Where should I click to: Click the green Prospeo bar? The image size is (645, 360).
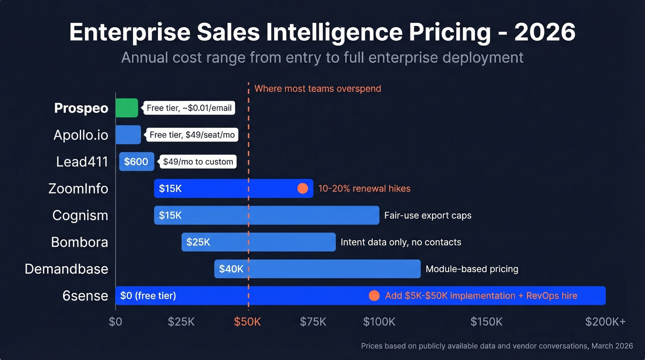pos(127,108)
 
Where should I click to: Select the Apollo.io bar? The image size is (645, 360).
pos(128,135)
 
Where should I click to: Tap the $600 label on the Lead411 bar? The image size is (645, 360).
pos(136,162)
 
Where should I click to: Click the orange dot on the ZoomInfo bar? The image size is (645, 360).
pos(302,189)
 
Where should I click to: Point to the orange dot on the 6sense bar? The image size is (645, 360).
pos(374,296)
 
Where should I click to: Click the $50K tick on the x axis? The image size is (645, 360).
pos(247,322)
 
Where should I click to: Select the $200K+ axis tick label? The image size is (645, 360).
pos(605,322)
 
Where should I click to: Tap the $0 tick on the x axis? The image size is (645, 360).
pos(116,322)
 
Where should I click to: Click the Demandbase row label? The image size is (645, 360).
pos(66,269)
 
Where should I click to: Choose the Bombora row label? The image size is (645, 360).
pos(79,242)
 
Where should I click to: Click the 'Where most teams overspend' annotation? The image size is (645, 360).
pos(317,89)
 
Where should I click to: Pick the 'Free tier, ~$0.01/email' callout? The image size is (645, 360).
pos(189,108)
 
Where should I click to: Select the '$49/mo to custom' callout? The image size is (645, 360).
pos(198,162)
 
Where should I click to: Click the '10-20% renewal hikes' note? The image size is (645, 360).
pos(364,189)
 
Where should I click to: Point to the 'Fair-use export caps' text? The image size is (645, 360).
pos(428,215)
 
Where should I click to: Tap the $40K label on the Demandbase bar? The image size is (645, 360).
pos(231,269)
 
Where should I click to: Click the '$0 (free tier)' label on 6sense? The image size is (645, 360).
pos(148,295)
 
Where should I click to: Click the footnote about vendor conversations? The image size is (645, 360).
pos(497,346)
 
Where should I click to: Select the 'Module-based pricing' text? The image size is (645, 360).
pos(472,269)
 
